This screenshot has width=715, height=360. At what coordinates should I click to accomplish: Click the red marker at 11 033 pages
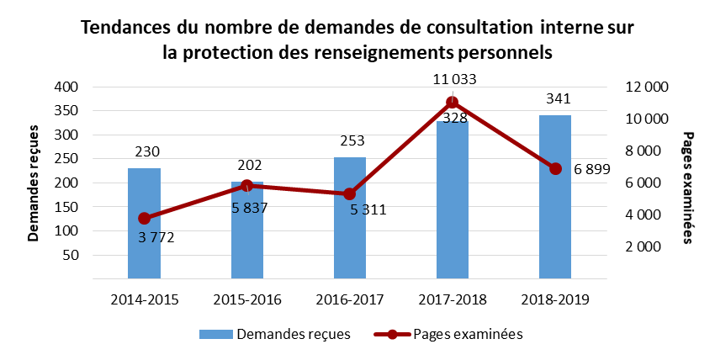tap(453, 103)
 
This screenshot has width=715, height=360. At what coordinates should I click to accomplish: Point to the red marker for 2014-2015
tap(144, 219)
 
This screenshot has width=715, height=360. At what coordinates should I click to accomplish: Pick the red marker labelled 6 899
tap(555, 168)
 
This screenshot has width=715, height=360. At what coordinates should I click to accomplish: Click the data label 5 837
tap(249, 207)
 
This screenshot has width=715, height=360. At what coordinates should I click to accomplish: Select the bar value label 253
tap(350, 140)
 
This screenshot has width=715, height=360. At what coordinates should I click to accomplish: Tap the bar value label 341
tap(555, 99)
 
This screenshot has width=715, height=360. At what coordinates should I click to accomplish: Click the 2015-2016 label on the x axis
tap(247, 299)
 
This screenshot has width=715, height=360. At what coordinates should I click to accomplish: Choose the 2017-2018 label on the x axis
tap(453, 299)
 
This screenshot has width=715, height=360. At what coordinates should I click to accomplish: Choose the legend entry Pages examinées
tap(468, 334)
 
